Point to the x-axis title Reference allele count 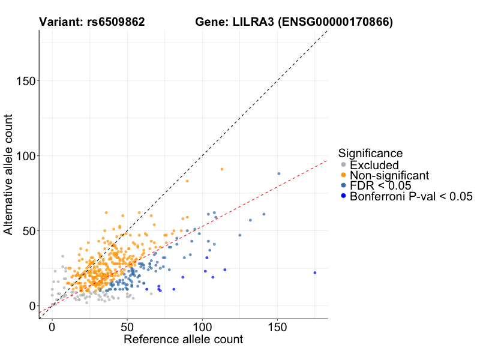[x=183, y=340]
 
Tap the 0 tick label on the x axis [x=52, y=328]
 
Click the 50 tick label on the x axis [x=127, y=328]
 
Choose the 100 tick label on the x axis [x=202, y=328]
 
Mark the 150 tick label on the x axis [x=277, y=328]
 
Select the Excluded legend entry [x=374, y=165]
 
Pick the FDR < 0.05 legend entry [x=380, y=186]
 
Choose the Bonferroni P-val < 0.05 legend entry [x=411, y=196]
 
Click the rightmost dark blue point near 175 [x=314, y=272]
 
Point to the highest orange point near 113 [x=221, y=169]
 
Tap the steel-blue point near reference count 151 [x=278, y=173]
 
